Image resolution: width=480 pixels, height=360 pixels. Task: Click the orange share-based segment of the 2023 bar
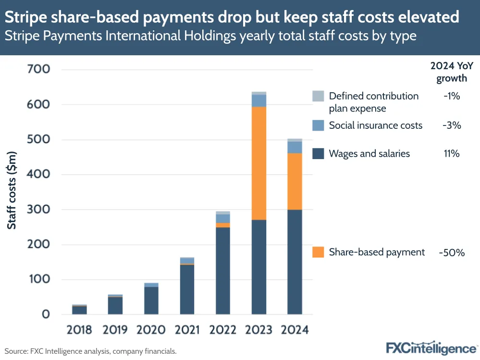click(258, 163)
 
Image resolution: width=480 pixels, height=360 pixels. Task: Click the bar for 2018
click(79, 310)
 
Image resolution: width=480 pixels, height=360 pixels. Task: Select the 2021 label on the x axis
click(187, 330)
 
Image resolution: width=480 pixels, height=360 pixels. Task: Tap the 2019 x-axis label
click(115, 330)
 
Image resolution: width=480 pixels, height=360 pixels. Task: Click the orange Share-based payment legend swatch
click(318, 252)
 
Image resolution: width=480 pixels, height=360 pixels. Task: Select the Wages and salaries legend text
click(369, 154)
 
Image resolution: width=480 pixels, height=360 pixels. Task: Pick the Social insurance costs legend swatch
click(318, 125)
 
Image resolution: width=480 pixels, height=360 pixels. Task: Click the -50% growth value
click(451, 252)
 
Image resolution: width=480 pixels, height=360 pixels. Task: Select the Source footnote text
click(91, 351)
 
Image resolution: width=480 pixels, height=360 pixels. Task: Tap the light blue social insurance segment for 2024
click(295, 147)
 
